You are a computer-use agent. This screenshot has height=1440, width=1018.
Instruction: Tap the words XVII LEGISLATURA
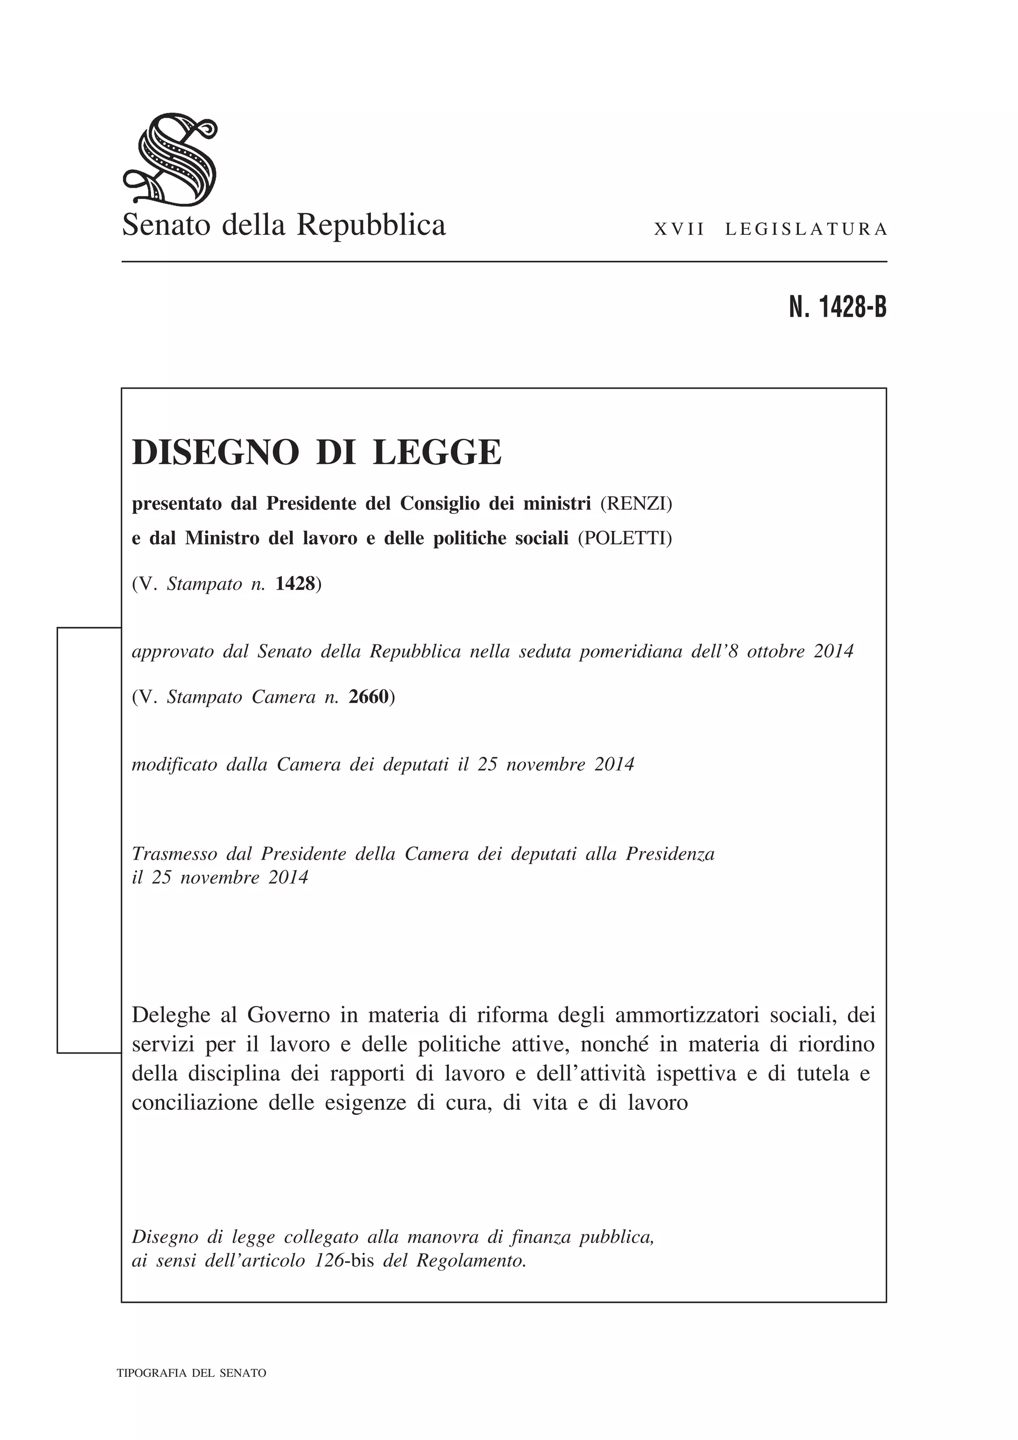point(770,230)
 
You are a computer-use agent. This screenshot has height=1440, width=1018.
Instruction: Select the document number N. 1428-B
point(838,307)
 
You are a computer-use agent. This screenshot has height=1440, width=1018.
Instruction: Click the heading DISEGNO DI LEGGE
point(317,452)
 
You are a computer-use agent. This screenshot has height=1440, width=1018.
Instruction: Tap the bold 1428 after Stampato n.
point(295,584)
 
